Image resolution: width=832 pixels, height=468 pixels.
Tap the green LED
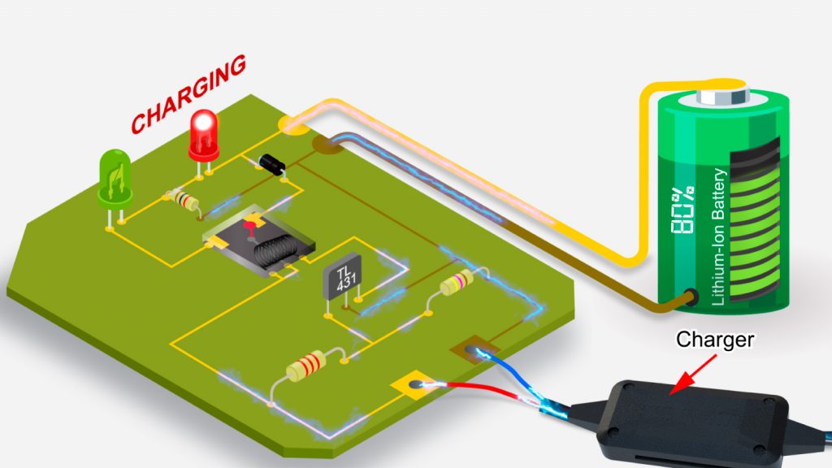(x=115, y=175)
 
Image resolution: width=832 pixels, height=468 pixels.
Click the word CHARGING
(x=188, y=95)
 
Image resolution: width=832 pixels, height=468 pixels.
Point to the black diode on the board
(x=271, y=164)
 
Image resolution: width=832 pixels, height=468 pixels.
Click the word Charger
(x=716, y=339)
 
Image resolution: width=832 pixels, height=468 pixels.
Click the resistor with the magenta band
(x=455, y=284)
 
